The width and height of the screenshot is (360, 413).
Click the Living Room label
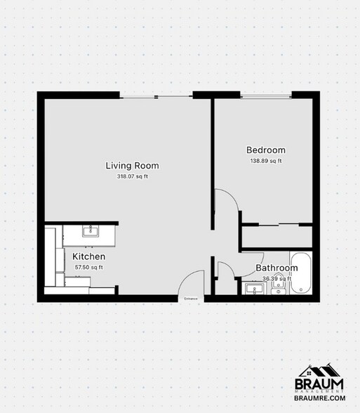[x=132, y=166]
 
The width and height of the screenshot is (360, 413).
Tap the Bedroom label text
[x=265, y=150]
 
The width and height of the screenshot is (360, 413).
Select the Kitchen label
[x=88, y=257]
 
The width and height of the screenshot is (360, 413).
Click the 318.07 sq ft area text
[x=132, y=176]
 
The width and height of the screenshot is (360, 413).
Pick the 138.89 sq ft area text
[x=265, y=161]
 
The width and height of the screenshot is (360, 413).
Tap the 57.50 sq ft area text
[x=88, y=267]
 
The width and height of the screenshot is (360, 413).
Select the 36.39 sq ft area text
[x=276, y=278]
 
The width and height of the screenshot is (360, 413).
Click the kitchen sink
[x=89, y=231]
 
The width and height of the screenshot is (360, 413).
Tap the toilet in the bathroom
[x=279, y=289]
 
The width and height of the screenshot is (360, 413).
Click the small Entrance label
[x=191, y=299]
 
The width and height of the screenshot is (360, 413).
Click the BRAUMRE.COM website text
[x=319, y=398]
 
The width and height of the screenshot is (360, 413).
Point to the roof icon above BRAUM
[x=319, y=370]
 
